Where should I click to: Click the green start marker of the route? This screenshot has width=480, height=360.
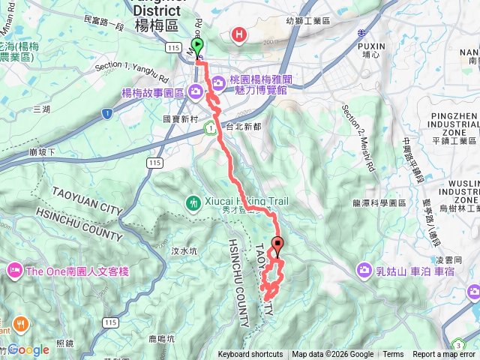tap(198, 46)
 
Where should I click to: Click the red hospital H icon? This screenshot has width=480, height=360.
tap(239, 34)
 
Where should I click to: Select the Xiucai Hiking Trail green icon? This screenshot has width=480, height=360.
tap(194, 202)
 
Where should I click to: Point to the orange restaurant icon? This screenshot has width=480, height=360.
tap(20, 325)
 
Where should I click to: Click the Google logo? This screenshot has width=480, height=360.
tap(28, 349)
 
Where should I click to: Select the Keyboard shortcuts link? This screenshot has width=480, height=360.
tap(250, 355)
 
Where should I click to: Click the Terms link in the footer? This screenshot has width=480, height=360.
tap(393, 355)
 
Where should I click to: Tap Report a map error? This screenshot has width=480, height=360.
tap(445, 355)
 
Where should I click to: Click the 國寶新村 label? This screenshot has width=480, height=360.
tap(179, 118)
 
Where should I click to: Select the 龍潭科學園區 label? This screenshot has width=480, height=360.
tap(379, 203)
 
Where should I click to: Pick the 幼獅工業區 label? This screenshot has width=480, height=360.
tap(312, 22)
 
